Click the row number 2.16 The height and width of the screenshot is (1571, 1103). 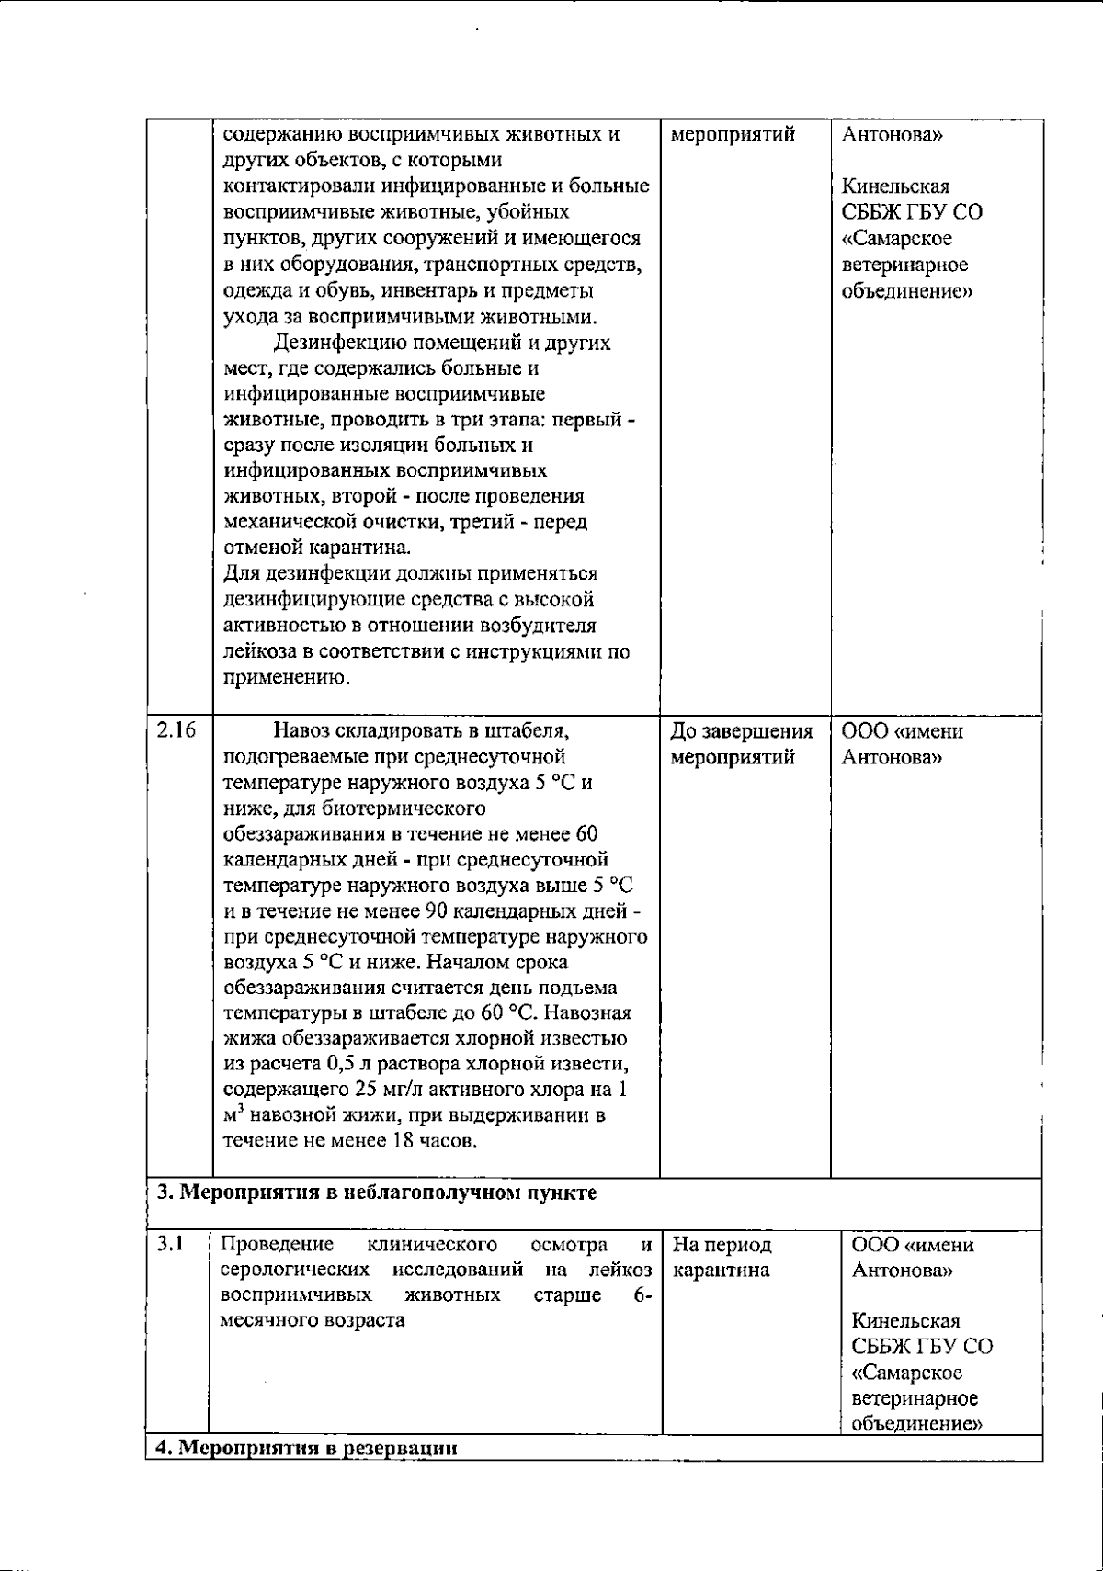[176, 731]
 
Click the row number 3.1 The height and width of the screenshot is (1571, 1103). [170, 1245]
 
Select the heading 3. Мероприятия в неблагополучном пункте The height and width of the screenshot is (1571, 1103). [375, 1193]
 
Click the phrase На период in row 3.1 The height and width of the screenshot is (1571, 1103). [722, 1246]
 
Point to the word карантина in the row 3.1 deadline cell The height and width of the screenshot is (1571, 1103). [721, 1271]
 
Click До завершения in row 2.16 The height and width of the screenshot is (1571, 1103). [742, 732]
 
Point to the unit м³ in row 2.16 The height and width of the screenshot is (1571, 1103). [233, 1116]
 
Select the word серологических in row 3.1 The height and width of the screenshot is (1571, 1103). [296, 1271]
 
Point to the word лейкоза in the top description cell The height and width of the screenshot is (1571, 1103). [257, 653]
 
